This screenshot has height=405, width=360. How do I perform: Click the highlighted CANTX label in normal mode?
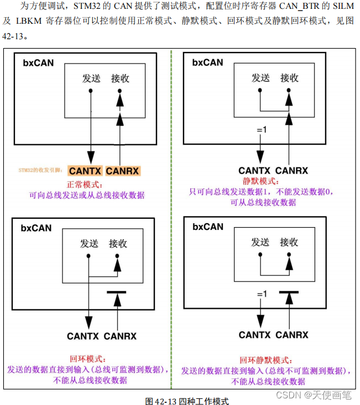click(85, 171)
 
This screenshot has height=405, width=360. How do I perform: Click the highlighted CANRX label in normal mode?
click(122, 171)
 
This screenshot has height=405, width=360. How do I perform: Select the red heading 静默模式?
click(262, 181)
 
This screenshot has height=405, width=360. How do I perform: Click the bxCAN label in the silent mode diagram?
click(208, 62)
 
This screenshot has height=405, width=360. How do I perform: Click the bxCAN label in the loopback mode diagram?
click(37, 227)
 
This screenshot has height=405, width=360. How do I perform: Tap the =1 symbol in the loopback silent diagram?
click(261, 294)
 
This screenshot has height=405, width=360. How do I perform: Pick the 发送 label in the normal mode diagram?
click(91, 78)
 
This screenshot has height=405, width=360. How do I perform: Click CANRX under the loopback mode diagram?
click(120, 336)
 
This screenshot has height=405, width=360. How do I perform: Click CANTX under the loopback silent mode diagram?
click(254, 335)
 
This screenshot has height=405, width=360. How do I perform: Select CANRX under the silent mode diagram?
click(291, 171)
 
